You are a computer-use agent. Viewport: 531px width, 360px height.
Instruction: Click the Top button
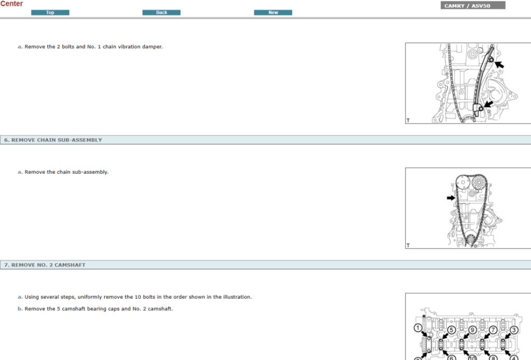coord(50,12)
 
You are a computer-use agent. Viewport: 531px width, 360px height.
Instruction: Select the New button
coord(273,12)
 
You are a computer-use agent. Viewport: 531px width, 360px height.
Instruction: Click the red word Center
coord(11,4)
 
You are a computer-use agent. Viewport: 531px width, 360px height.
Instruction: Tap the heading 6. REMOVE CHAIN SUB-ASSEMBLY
coord(53,140)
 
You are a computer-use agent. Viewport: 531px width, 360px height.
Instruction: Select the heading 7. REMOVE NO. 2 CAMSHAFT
coord(45,265)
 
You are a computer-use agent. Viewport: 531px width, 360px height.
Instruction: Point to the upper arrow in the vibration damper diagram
coord(499,64)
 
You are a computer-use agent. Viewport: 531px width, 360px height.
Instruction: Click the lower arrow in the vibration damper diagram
coord(487,104)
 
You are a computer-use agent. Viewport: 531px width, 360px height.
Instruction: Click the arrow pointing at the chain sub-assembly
coord(451,198)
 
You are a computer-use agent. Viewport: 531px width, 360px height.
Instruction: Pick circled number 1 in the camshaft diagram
coord(418,327)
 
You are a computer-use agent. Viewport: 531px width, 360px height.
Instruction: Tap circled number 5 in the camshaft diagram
coord(451,329)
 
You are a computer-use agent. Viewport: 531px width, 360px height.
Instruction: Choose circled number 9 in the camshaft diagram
coord(472,329)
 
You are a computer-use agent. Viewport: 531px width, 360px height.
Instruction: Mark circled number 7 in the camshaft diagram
coord(493,329)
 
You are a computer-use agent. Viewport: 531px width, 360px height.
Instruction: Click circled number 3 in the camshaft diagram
coord(514,329)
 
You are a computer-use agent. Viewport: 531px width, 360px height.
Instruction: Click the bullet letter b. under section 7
coord(20,309)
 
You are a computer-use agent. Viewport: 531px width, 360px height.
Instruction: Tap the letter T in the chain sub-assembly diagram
coord(408,245)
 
